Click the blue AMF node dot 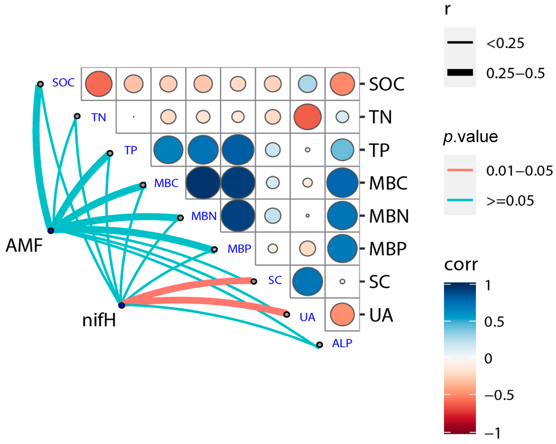(51, 231)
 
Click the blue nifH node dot (121, 305)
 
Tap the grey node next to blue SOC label (40, 84)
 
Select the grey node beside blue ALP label (319, 344)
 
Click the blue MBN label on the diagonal (204, 216)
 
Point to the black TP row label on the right (379, 150)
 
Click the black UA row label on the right (381, 315)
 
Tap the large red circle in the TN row (307, 117)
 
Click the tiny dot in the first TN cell (133, 117)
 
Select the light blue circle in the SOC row (307, 84)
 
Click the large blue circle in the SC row (307, 281)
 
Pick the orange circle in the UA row (342, 314)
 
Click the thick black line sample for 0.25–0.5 (460, 72)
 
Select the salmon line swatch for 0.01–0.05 (460, 170)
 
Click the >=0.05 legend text (510, 201)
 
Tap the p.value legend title (471, 137)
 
